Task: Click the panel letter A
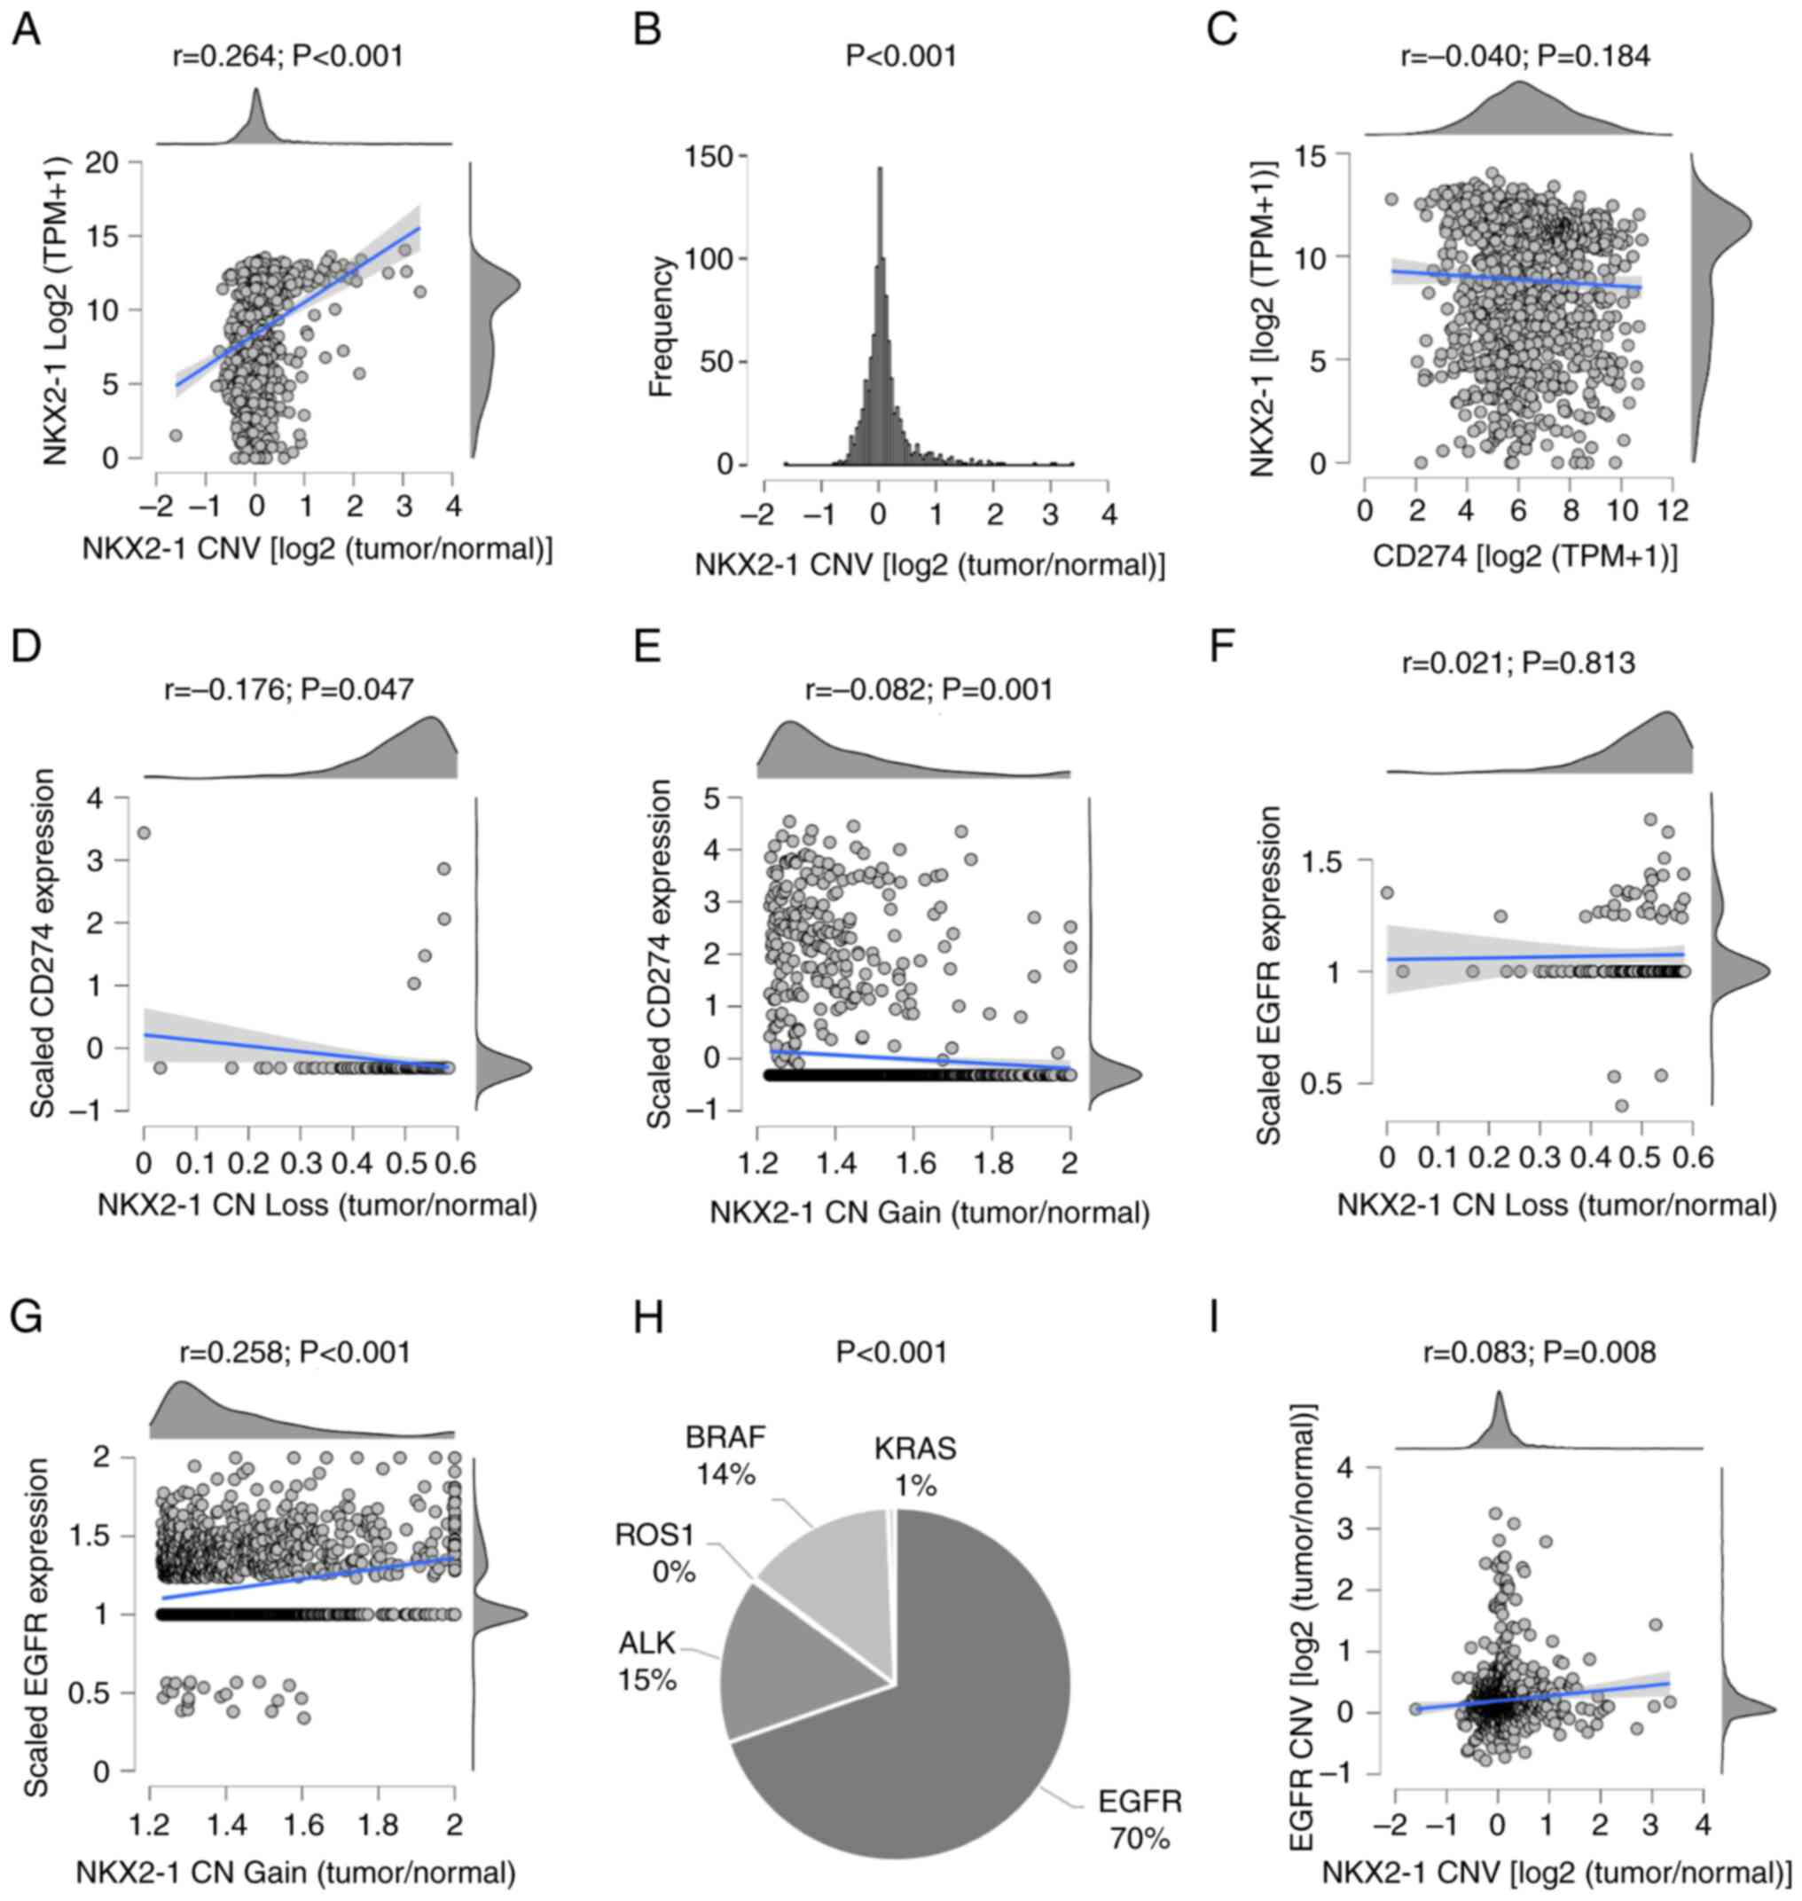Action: point(26,31)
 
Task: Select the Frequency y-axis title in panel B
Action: point(661,326)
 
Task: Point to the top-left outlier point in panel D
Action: point(144,833)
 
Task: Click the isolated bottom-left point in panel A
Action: point(175,436)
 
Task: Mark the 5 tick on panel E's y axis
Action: point(726,797)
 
